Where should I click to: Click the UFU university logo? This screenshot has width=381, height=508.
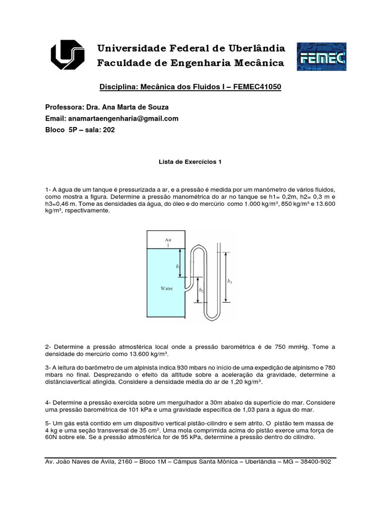(x=69, y=56)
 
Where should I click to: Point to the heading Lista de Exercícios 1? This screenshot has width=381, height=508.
(x=190, y=161)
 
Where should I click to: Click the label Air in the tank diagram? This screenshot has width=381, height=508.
(x=167, y=239)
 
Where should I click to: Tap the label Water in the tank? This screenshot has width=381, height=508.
(x=166, y=288)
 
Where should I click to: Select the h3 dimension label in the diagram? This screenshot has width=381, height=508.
(x=229, y=281)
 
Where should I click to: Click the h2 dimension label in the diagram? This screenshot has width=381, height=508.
(x=201, y=290)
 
